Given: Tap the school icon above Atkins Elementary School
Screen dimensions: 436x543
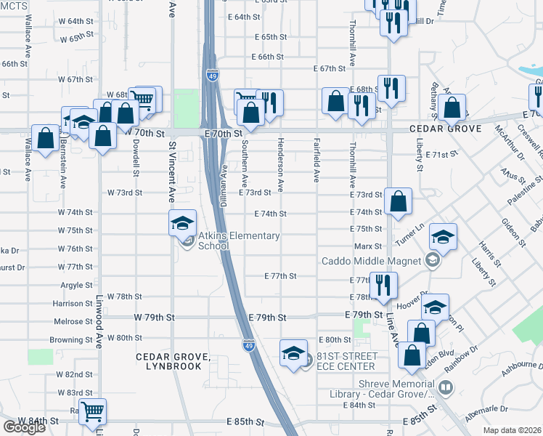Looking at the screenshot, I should pyautogui.click(x=182, y=222).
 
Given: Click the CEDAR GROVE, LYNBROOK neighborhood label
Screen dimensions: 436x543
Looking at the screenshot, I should pyautogui.click(x=173, y=361).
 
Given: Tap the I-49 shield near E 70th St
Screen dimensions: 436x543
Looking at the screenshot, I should pyautogui.click(x=211, y=75).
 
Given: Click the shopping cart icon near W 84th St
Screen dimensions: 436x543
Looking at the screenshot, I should pyautogui.click(x=92, y=412).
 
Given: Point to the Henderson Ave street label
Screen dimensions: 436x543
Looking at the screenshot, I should pyautogui.click(x=279, y=161).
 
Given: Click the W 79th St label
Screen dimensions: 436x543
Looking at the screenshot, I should pyautogui.click(x=155, y=318).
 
